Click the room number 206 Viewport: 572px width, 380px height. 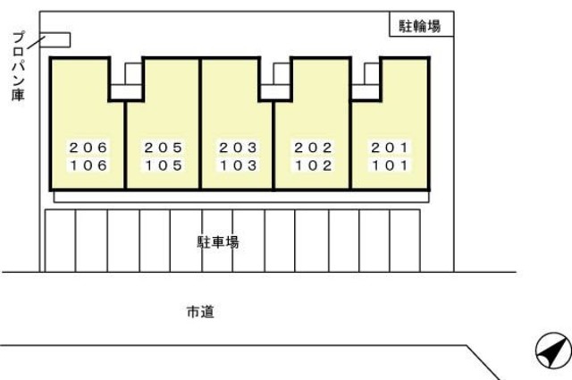click(88, 148)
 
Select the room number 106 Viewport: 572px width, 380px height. click(88, 165)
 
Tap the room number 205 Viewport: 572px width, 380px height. click(163, 148)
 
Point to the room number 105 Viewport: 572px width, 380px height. click(163, 165)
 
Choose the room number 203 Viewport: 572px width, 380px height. click(238, 148)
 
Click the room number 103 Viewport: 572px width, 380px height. click(238, 165)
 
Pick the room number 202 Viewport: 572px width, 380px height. click(313, 148)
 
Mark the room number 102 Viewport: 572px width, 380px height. click(313, 165)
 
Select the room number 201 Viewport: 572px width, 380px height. click(390, 148)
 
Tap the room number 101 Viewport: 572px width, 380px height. click(390, 165)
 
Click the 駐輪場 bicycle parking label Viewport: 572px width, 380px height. click(419, 26)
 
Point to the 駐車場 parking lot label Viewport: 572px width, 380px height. click(218, 242)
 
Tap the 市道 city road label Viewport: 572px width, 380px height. click(200, 312)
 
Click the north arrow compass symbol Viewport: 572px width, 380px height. click(553, 350)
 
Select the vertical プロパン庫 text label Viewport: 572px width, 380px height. click(18, 66)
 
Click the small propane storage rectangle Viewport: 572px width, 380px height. click(55, 40)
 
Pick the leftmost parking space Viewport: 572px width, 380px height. click(60, 241)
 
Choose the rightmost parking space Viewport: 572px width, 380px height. click(405, 241)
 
